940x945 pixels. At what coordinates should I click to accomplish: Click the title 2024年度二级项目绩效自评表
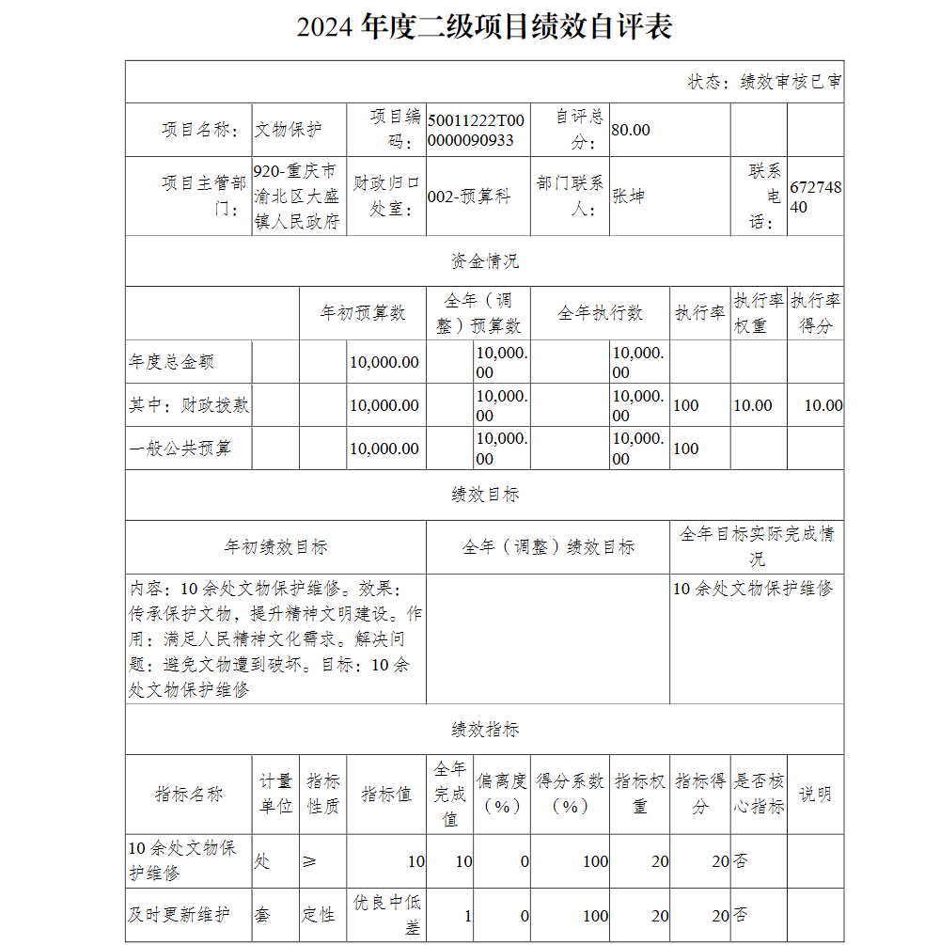[x=484, y=26]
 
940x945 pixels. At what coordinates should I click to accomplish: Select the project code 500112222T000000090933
[x=476, y=130]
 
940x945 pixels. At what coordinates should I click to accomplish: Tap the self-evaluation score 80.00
[x=631, y=130]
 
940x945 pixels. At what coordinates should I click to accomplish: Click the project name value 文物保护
[x=288, y=130]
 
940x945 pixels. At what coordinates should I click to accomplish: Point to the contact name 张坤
[x=629, y=197]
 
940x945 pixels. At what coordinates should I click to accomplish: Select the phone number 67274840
[x=815, y=197]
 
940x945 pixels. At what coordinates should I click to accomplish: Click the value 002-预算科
[x=469, y=197]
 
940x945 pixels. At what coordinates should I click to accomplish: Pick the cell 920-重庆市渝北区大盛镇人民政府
[x=296, y=197]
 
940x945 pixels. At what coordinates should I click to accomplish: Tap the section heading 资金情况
[x=484, y=260]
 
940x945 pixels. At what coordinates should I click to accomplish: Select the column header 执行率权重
[x=759, y=313]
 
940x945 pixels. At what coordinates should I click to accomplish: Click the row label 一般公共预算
[x=180, y=449]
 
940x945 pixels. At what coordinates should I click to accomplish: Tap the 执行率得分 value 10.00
[x=822, y=405]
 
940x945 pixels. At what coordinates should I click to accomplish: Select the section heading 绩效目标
[x=484, y=495]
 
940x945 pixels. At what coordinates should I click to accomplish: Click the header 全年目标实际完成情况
[x=757, y=546]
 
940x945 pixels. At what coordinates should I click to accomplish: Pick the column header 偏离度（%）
[x=502, y=795]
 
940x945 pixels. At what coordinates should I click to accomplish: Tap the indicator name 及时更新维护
[x=179, y=914]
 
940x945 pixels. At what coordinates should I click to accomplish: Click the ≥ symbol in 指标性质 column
[x=310, y=861]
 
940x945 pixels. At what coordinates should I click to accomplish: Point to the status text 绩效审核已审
[x=791, y=82]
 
